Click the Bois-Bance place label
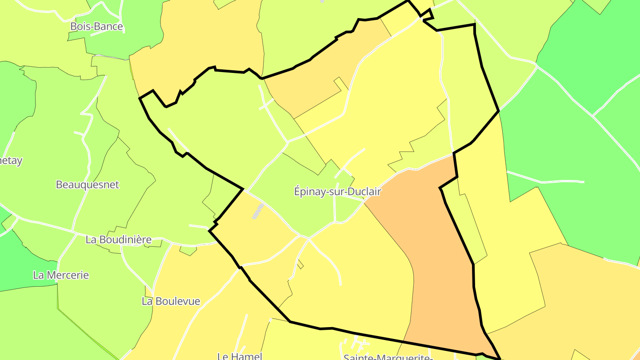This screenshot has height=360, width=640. [96, 27]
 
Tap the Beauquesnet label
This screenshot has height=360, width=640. [88, 184]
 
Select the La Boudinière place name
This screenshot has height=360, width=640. [118, 240]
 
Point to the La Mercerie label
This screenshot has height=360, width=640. [61, 275]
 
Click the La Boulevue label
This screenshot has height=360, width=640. [171, 301]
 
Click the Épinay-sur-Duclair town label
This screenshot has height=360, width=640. [338, 192]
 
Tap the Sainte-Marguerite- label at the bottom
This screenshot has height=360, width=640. [388, 357]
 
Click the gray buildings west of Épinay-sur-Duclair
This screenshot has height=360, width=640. [257, 212]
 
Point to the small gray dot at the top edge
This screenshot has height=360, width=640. [322, 1]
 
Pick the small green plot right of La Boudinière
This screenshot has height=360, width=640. [188, 251]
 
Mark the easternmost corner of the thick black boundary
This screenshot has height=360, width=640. [499, 111]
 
